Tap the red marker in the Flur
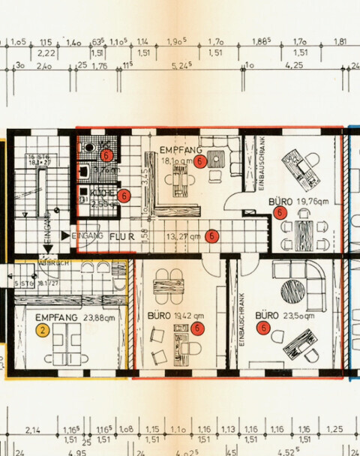pos(212,235)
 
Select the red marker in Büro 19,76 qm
pos(280,213)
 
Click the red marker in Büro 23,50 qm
pos(263,328)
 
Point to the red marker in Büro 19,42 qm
pos(197,328)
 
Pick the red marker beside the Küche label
pos(124,196)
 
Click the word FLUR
pos(120,236)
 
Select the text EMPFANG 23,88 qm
pos(67,318)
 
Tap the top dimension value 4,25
pos(295,66)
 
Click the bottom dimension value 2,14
pos(32,430)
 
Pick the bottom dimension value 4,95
pos(77,452)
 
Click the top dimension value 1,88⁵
pos(261,42)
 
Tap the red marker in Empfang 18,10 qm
pos(199,160)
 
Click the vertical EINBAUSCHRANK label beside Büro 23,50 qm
pos(242,319)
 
